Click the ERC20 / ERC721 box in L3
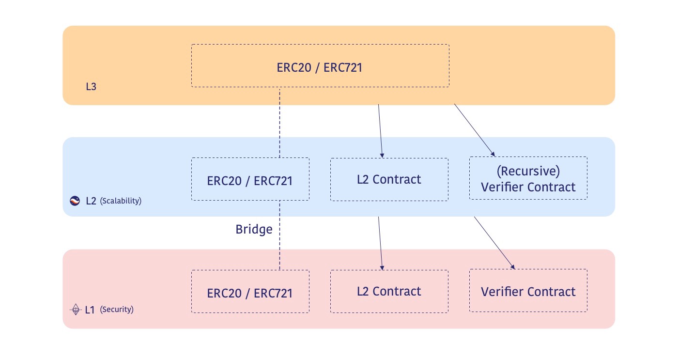[320, 66]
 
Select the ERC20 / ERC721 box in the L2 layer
[250, 179]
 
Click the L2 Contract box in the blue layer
[389, 179]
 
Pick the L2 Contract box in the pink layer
[389, 291]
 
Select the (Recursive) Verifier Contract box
[528, 178]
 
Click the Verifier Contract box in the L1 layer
[528, 291]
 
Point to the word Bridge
[254, 229]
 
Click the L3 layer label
[91, 88]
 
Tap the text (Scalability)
[121, 201]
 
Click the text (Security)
[117, 309]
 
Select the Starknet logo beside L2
[75, 201]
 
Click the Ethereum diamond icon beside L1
[75, 309]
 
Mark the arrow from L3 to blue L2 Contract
[380, 131]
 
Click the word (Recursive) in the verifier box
[528, 171]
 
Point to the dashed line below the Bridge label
[279, 254]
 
